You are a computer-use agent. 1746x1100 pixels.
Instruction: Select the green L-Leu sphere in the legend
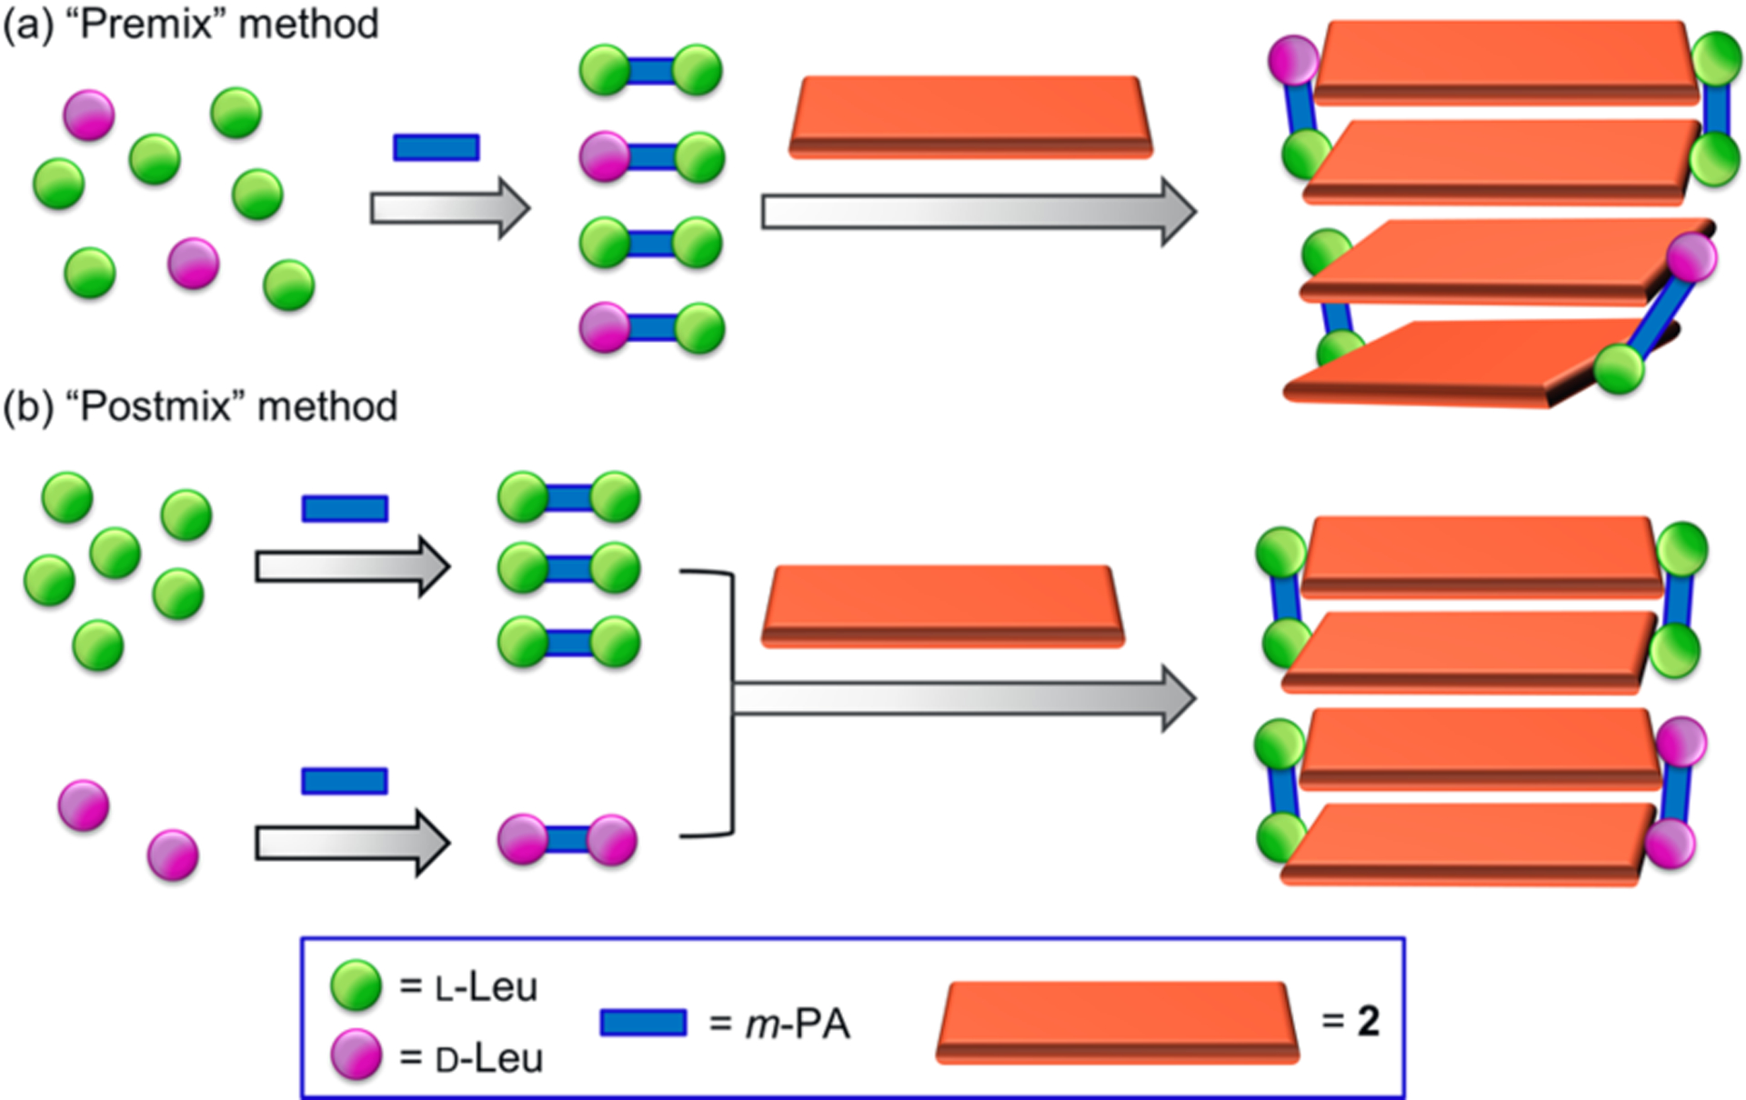[x=356, y=985]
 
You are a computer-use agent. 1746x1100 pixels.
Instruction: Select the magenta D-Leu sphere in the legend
[x=356, y=1055]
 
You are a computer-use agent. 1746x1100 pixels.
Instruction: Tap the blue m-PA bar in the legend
[x=643, y=1023]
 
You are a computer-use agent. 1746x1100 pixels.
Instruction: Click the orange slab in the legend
[x=1118, y=1022]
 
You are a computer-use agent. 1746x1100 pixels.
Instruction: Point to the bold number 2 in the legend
[x=1368, y=1022]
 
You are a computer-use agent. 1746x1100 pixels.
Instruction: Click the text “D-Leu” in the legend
[x=489, y=1059]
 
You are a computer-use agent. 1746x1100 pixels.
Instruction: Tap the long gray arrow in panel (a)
[x=978, y=212]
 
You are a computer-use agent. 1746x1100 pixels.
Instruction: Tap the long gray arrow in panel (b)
[x=964, y=698]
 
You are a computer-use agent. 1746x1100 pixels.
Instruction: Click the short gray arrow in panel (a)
[x=449, y=208]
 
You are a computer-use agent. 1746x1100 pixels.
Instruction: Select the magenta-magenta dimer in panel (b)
[x=567, y=839]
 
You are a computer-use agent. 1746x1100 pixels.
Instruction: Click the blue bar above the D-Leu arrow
[x=345, y=781]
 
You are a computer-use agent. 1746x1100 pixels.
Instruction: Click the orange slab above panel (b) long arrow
[x=943, y=605]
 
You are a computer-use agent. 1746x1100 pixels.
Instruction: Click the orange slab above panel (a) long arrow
[x=970, y=117]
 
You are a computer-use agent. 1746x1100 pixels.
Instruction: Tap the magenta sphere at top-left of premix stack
[x=1293, y=60]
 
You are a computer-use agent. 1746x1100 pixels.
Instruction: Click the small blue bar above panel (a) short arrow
[x=436, y=147]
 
